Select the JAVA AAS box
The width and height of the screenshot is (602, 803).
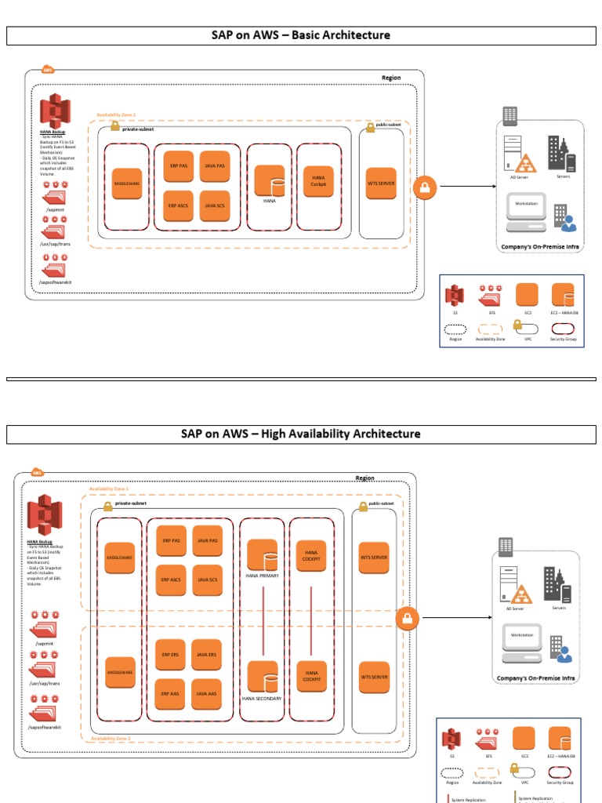pos(207,693)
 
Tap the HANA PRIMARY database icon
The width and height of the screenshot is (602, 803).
pos(262,555)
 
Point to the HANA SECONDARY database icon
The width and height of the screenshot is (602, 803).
pos(262,677)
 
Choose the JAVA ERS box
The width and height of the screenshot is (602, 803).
pos(207,655)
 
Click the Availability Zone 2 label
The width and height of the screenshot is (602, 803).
pos(110,739)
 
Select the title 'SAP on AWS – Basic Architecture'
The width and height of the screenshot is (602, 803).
pos(301,35)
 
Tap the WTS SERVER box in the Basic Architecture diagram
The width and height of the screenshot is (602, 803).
pos(382,183)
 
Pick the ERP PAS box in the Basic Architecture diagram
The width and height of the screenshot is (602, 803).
pos(179,166)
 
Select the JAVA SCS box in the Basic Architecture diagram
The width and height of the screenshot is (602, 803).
pos(215,205)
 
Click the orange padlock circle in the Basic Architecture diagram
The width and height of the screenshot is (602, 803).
pos(425,187)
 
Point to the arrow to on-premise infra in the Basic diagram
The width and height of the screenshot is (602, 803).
pos(466,187)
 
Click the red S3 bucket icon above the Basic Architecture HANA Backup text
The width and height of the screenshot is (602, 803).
pos(56,109)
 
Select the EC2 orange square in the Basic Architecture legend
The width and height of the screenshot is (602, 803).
pos(526,296)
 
